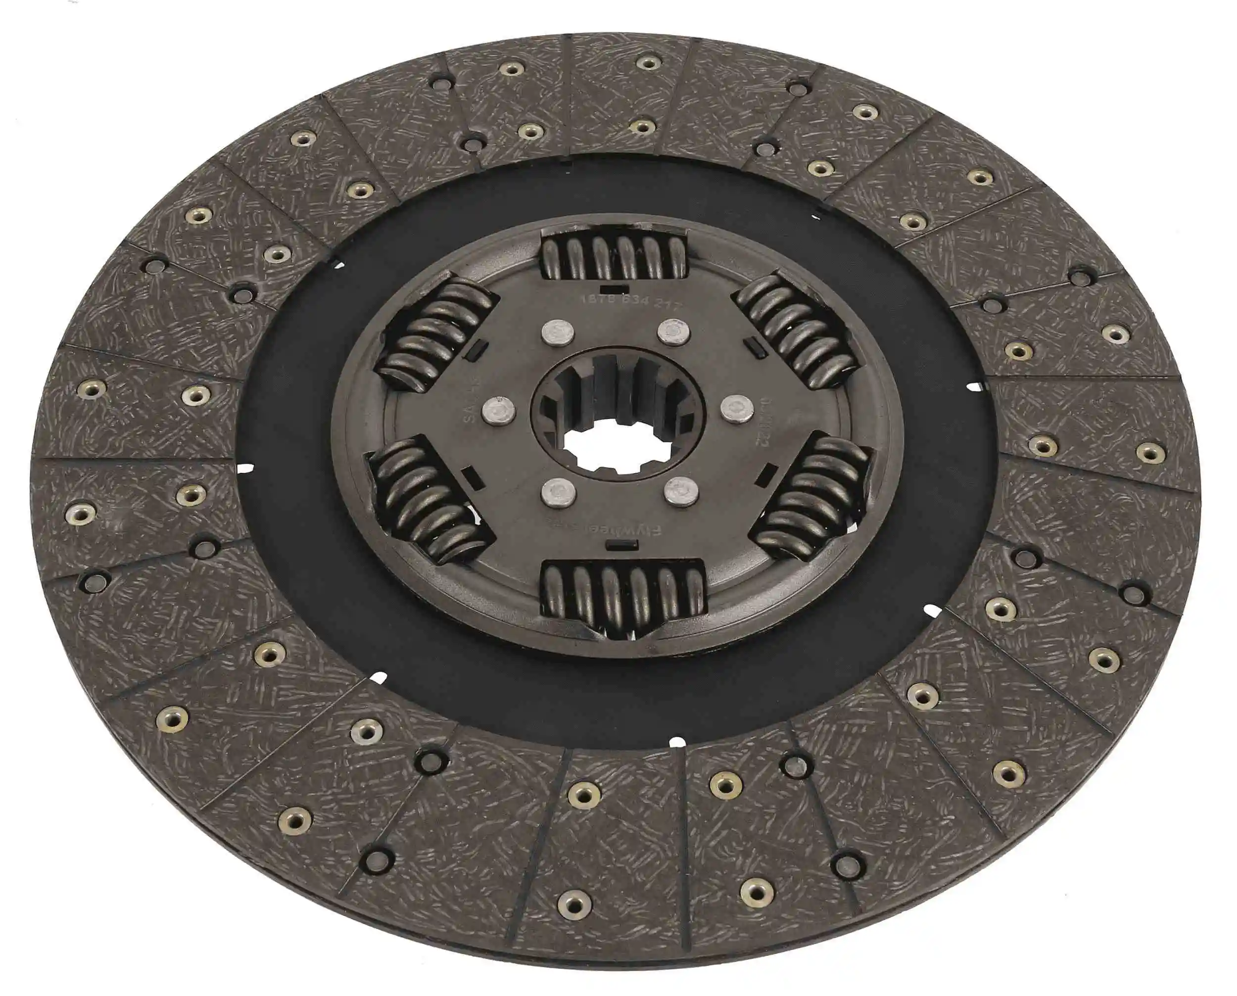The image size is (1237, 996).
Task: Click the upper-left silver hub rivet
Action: pyautogui.click(x=557, y=333)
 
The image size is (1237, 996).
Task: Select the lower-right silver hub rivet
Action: pyautogui.click(x=681, y=492)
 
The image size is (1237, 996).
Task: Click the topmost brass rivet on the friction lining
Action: pyautogui.click(x=648, y=62)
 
